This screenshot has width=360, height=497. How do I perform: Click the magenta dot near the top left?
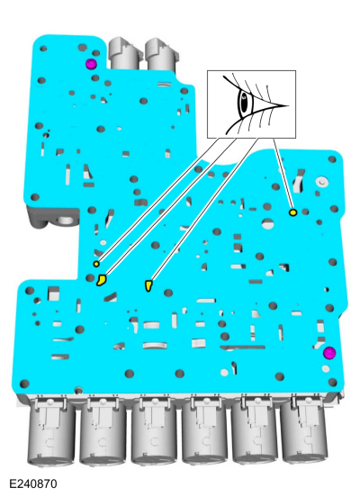pyautogui.click(x=91, y=64)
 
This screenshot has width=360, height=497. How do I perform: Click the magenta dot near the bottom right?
pyautogui.click(x=329, y=353)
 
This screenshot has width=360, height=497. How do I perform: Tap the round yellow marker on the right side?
pyautogui.click(x=293, y=212)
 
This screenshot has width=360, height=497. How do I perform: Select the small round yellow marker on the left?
pyautogui.click(x=96, y=264)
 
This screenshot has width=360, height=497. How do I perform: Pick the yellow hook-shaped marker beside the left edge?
pyautogui.click(x=102, y=280)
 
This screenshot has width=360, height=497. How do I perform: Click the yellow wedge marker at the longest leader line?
pyautogui.click(x=148, y=285)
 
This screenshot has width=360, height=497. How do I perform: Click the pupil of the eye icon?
pyautogui.click(x=244, y=103)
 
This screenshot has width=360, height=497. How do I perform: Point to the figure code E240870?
pyautogui.click(x=33, y=483)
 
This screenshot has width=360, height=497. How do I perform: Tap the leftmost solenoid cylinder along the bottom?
pyautogui.click(x=51, y=430)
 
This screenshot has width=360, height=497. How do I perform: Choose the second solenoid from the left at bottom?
pyautogui.click(x=103, y=430)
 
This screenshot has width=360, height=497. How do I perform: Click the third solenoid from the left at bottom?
pyautogui.click(x=154, y=430)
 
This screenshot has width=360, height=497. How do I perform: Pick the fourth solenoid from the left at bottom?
pyautogui.click(x=204, y=430)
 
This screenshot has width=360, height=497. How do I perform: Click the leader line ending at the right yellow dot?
pyautogui.click(x=283, y=174)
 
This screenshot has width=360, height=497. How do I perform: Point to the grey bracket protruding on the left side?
pyautogui.click(x=53, y=218)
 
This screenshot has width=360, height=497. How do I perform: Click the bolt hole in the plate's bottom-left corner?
pyautogui.click(x=24, y=384)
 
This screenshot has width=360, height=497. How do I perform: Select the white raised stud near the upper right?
pyautogui.click(x=321, y=182)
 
